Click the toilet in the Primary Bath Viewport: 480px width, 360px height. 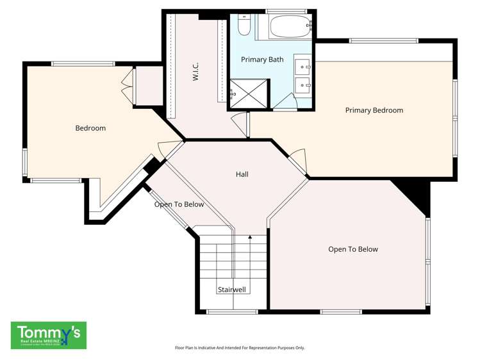[244, 26]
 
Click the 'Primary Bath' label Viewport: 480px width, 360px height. [262, 60]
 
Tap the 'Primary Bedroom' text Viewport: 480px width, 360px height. [374, 110]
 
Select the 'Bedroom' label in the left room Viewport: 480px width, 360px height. [90, 128]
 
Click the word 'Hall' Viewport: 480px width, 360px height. [242, 174]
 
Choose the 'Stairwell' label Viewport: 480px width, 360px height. [231, 290]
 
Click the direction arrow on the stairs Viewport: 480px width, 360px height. [250, 239]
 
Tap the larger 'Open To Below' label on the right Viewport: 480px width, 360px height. [352, 249]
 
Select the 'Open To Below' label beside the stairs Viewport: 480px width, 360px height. [179, 204]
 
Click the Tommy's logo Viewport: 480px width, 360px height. [49, 335]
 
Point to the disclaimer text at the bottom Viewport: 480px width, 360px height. [240, 348]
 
